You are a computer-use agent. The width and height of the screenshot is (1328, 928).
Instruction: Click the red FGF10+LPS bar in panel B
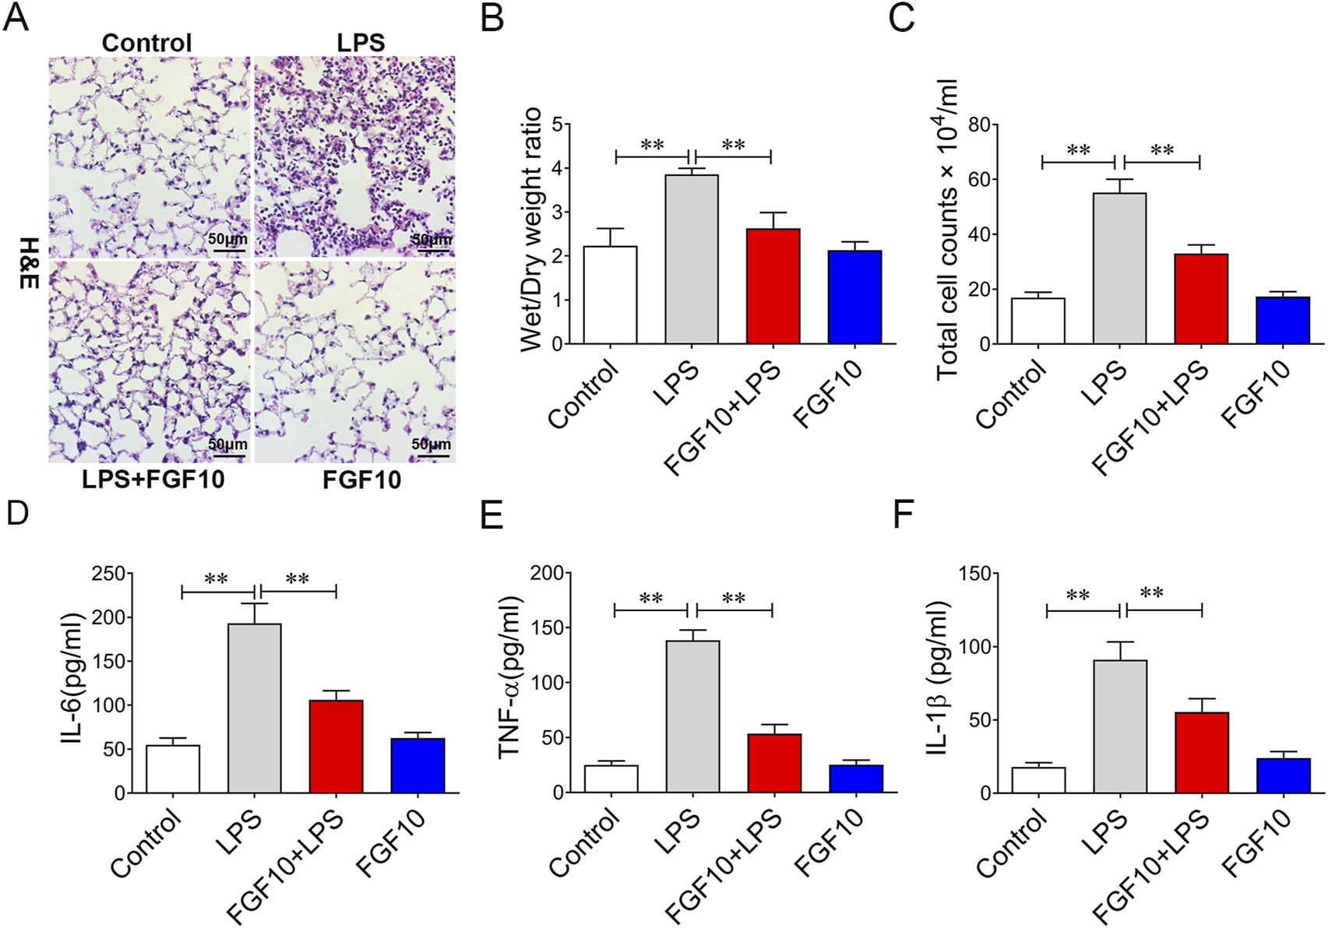(773, 286)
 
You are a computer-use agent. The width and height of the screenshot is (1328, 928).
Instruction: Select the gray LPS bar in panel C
(1119, 269)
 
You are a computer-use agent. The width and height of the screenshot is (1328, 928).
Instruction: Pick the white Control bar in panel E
(611, 779)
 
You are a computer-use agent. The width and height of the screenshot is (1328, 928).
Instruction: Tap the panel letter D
(16, 515)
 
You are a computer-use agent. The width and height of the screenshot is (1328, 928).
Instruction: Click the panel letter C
(901, 17)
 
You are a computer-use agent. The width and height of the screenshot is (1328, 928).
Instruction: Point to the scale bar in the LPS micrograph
(431, 250)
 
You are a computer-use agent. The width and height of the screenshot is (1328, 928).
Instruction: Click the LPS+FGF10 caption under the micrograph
(153, 479)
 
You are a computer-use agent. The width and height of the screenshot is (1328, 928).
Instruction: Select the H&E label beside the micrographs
(29, 262)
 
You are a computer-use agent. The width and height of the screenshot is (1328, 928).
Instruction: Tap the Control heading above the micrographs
(146, 43)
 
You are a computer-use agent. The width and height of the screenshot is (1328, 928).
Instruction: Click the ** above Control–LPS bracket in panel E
(650, 599)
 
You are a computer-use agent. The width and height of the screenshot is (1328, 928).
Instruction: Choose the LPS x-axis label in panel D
(240, 831)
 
